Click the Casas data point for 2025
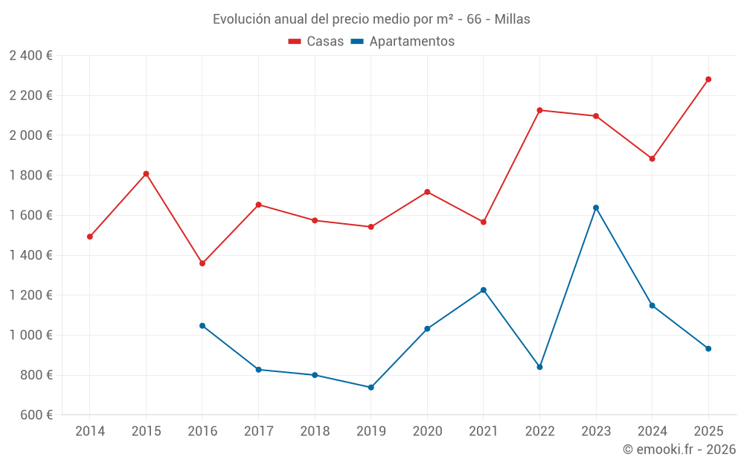(x=708, y=79)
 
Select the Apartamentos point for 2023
(x=596, y=208)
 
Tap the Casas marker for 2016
(x=202, y=263)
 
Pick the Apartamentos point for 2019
(x=371, y=387)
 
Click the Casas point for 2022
(x=539, y=110)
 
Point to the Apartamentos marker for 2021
(x=484, y=290)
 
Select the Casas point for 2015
(x=146, y=174)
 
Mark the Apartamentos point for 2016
(x=202, y=326)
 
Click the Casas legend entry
(x=316, y=42)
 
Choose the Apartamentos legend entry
(x=403, y=42)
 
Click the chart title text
(x=371, y=19)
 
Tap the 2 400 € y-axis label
(x=31, y=56)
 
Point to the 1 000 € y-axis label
(x=31, y=335)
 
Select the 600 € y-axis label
(x=36, y=415)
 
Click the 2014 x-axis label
(x=90, y=432)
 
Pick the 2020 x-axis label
(x=427, y=432)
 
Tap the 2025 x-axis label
(x=708, y=432)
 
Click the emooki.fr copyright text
(x=679, y=449)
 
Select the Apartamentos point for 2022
(x=539, y=367)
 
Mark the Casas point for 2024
(x=652, y=158)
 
